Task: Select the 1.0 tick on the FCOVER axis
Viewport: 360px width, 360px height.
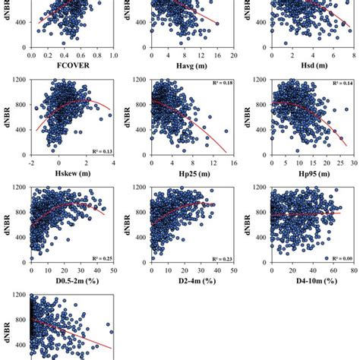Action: pos(112,55)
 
